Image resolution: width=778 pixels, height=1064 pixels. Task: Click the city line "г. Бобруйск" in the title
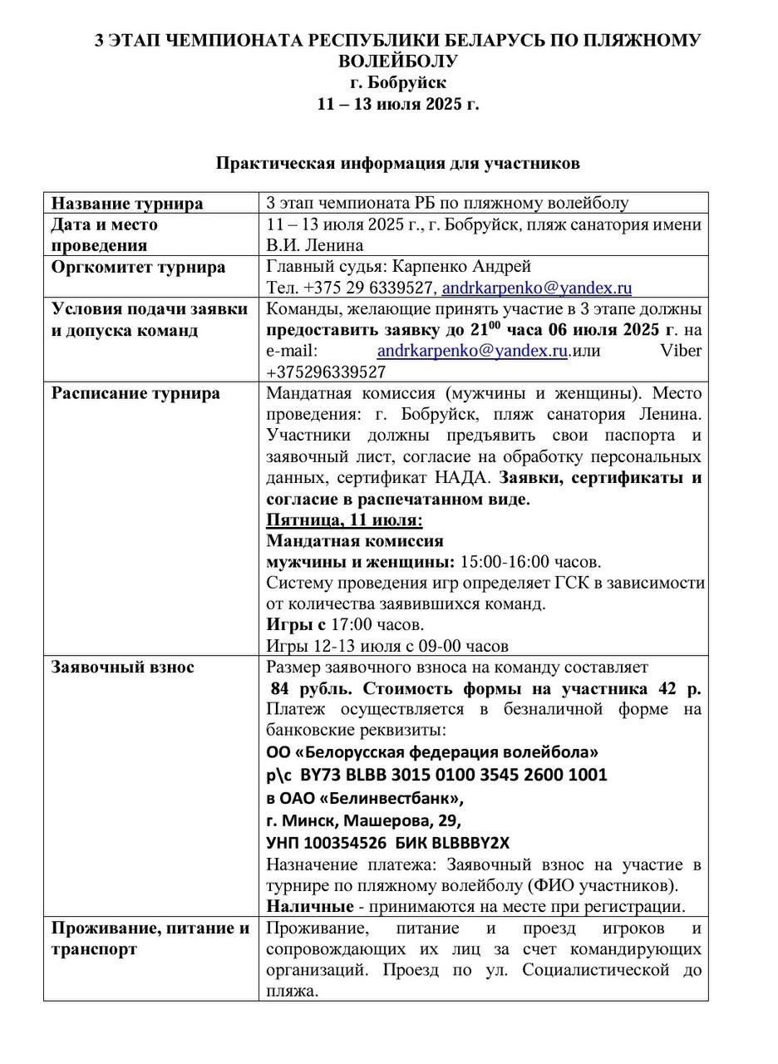point(397,82)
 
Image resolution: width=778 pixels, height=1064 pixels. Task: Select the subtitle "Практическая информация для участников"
point(397,163)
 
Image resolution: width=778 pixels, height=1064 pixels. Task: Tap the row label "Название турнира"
point(127,204)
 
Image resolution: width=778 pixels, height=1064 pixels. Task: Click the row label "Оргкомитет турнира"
point(138,268)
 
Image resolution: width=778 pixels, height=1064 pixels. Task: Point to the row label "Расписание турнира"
point(135,393)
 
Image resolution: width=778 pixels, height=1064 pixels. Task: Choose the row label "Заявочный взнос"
point(122,667)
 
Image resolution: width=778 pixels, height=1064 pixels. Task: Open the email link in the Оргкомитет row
point(536,288)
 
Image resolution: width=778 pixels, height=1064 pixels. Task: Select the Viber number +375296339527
point(326,372)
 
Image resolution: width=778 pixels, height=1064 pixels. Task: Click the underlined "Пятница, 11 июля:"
point(344,520)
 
